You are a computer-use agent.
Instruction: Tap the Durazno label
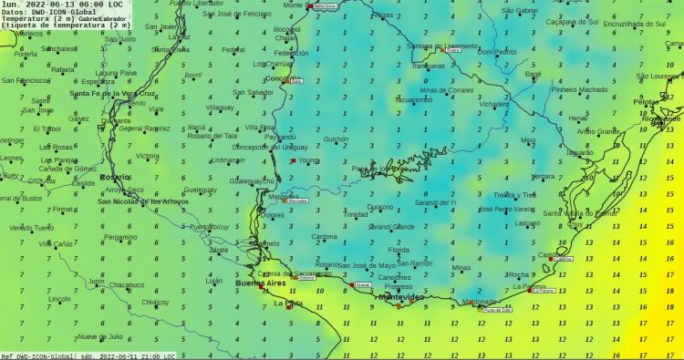[381, 206]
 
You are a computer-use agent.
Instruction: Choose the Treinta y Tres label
[514, 195]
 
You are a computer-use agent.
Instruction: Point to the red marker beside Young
[292, 160]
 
